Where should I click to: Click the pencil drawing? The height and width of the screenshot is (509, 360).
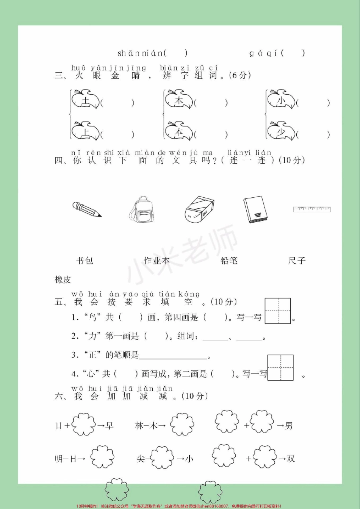pos(87,209)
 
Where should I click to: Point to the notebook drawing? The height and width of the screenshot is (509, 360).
pos(255,209)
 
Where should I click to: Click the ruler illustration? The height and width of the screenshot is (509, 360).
pos(312,209)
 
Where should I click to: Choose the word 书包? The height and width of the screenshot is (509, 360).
pos(85,261)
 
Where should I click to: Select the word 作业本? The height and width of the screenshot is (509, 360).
pos(157,261)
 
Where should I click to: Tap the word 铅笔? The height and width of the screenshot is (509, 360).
pos(229,261)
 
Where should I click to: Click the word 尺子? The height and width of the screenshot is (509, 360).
pos(297,261)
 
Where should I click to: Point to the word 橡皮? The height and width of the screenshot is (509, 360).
pos(63,280)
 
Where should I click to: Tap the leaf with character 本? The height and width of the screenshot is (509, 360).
pos(179,131)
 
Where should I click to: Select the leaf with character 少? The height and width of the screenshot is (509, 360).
pos(281,131)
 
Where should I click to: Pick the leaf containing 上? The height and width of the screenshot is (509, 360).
pos(86,131)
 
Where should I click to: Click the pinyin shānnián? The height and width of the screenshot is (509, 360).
pos(140,53)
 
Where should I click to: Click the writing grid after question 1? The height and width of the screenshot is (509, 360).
pos(278,311)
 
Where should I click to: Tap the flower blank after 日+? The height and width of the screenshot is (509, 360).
pos(83,425)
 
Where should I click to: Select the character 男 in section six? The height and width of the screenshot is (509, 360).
pos(289,426)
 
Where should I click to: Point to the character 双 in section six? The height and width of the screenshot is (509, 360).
pos(290,459)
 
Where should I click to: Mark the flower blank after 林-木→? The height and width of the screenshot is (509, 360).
pos(182,425)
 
